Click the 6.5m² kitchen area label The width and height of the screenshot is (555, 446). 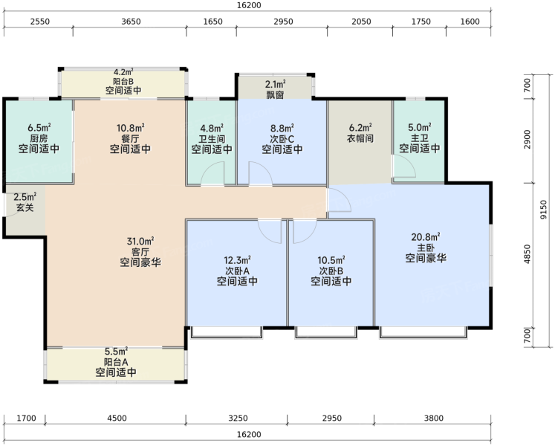[x=39, y=127]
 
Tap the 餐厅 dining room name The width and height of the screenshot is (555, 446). [x=130, y=138]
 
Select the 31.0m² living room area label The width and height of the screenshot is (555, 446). [x=140, y=242]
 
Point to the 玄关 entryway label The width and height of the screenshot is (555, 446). [x=25, y=207]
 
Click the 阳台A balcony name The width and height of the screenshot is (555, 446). [x=116, y=362]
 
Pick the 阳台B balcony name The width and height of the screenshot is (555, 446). [x=123, y=81]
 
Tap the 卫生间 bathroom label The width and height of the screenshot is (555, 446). [x=212, y=139]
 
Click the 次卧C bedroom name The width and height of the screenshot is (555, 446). [x=282, y=139]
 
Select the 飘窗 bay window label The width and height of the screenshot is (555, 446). [x=276, y=94]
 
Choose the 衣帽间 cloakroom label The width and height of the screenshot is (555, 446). [x=360, y=138]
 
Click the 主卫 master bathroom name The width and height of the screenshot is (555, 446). [x=420, y=138]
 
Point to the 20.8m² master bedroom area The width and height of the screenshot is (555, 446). [x=426, y=236]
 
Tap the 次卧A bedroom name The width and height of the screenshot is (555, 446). [x=238, y=271]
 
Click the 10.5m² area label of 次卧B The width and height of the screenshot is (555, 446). [x=331, y=260]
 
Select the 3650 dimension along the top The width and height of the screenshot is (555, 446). [x=131, y=22]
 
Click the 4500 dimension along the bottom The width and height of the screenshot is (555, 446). [x=117, y=418]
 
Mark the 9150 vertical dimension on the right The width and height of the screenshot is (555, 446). [x=544, y=210]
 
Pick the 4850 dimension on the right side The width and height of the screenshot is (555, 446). [x=528, y=254]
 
